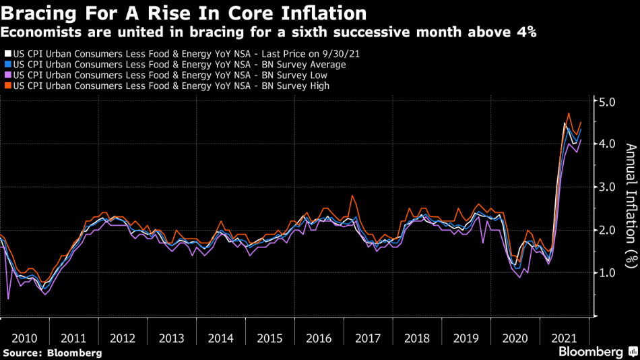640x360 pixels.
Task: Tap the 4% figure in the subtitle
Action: pos(523,32)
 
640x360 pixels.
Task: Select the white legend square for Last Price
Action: pos(7,52)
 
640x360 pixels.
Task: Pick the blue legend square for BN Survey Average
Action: pos(7,63)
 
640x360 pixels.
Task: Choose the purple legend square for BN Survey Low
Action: pos(7,75)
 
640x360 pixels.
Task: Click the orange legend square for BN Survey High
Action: pos(7,86)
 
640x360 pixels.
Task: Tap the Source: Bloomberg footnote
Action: pos(52,352)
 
